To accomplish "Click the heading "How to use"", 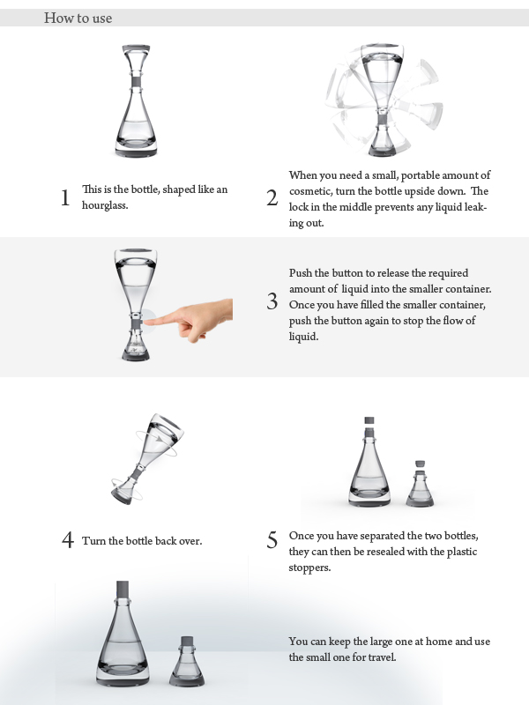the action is click(x=78, y=18).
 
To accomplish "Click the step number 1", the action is click(x=65, y=197).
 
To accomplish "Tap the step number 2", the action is click(x=272, y=197).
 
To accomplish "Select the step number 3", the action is click(x=272, y=301).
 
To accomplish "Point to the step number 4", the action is click(x=68, y=540).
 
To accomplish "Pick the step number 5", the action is click(x=272, y=540).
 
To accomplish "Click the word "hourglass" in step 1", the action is click(x=104, y=205).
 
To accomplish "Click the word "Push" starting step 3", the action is click(x=300, y=273).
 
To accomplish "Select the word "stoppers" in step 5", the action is click(x=309, y=568).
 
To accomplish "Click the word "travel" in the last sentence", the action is click(x=382, y=657).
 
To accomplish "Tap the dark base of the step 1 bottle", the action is click(x=136, y=152).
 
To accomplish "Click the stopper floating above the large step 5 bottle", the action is click(x=369, y=421).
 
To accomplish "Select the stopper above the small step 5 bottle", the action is click(x=421, y=464).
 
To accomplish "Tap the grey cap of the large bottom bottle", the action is click(x=123, y=589).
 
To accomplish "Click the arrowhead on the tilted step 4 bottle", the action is click(x=160, y=438).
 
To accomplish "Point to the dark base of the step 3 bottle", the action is click(x=135, y=356).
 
